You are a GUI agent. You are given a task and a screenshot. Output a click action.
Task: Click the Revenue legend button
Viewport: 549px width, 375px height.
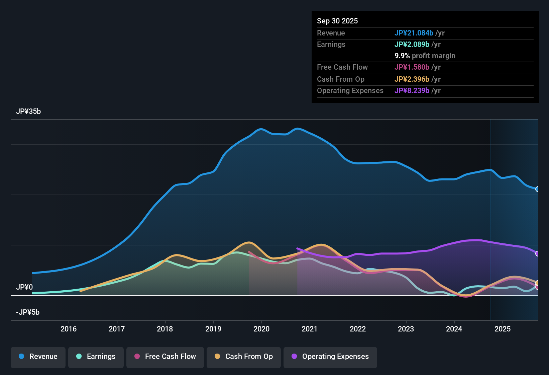(38, 357)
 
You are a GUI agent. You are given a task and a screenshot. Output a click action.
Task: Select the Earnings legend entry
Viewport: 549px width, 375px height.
(96, 357)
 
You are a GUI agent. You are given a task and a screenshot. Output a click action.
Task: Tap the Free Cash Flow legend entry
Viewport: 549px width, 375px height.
(165, 357)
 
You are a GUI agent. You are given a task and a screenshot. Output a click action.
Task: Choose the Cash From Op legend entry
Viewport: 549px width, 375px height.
(244, 357)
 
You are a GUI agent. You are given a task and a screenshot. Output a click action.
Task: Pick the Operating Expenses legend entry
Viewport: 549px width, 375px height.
(330, 357)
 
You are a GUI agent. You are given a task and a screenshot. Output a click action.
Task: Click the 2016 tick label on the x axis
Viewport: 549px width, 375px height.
(69, 329)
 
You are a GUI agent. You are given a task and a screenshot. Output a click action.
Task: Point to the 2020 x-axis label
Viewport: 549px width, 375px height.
(261, 329)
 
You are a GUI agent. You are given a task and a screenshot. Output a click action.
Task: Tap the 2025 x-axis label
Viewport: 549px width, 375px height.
(503, 329)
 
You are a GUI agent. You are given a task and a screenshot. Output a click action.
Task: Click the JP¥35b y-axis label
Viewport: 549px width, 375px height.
(28, 111)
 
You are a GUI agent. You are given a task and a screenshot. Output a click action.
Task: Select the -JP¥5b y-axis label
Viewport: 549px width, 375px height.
(28, 312)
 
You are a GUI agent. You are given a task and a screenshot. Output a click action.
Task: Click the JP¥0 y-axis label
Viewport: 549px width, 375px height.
(24, 287)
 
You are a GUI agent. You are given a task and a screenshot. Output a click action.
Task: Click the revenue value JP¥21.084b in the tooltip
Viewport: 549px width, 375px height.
(414, 33)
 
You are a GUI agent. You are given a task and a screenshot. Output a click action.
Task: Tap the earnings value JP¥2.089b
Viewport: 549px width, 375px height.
(412, 45)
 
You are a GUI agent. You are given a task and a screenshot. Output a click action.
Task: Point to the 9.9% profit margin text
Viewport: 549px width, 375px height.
(425, 56)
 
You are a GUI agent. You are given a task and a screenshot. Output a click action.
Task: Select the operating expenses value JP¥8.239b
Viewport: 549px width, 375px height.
(412, 91)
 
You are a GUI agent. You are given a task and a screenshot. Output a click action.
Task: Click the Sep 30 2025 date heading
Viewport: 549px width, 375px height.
(337, 21)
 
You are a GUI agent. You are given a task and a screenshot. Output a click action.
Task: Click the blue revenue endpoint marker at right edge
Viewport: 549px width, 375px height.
(538, 189)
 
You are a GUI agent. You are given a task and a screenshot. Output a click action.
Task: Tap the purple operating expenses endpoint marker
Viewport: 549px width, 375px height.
(538, 253)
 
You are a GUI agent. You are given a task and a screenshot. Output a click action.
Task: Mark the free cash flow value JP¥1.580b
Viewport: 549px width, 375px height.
(412, 67)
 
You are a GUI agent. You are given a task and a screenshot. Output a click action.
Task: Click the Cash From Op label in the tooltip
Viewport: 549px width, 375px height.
(341, 79)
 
